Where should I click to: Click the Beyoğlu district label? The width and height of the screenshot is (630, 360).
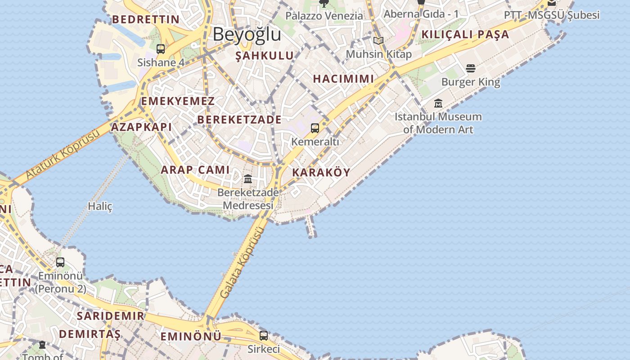click(x=247, y=34)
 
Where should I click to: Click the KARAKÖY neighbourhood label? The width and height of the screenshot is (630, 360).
click(x=321, y=172)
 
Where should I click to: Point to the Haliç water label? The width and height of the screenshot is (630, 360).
click(x=100, y=206)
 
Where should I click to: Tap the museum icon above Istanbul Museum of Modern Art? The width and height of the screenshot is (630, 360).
click(x=438, y=103)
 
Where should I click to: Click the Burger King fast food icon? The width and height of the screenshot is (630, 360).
click(x=471, y=68)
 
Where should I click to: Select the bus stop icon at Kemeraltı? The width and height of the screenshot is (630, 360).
click(x=315, y=128)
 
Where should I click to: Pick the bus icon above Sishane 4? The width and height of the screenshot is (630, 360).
click(x=161, y=49)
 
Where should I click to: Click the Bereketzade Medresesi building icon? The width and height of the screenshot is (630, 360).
click(x=248, y=179)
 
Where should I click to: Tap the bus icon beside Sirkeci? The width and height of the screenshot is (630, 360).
click(x=264, y=335)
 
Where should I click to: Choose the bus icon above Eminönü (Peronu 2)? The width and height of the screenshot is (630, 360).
click(x=60, y=262)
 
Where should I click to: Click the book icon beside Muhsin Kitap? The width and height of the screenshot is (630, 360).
click(x=378, y=41)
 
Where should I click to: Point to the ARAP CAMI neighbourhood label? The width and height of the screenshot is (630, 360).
click(x=195, y=170)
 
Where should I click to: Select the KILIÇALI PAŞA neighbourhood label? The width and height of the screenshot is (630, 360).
click(x=465, y=35)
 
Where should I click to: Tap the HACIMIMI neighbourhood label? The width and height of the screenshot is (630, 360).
click(x=343, y=79)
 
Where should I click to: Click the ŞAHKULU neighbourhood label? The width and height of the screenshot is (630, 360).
click(x=265, y=56)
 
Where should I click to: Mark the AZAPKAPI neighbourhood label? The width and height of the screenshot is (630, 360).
click(x=141, y=127)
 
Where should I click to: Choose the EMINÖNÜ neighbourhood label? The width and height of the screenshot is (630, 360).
click(x=191, y=336)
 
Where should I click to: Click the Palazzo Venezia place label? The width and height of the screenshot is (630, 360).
click(x=324, y=16)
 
